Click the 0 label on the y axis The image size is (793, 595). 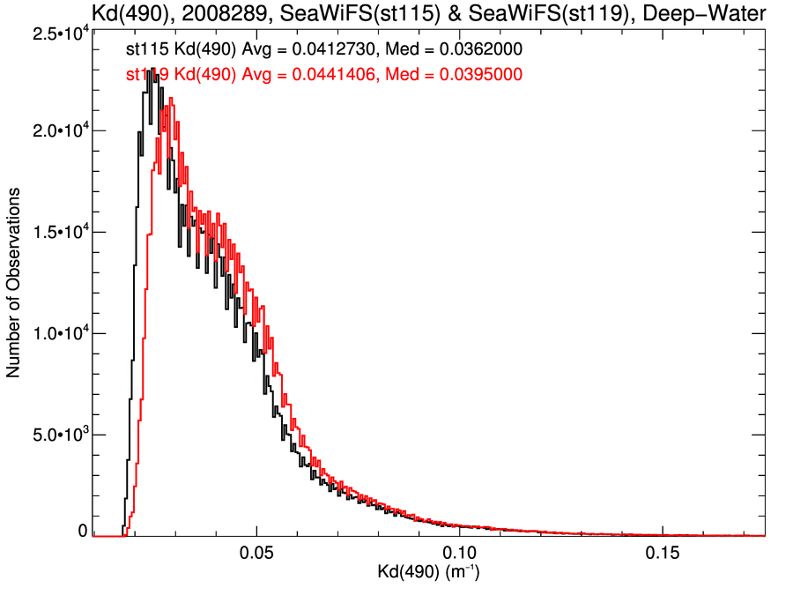click(x=82, y=532)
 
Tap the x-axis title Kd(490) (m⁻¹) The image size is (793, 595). click(x=429, y=574)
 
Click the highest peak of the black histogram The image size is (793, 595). click(x=153, y=69)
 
